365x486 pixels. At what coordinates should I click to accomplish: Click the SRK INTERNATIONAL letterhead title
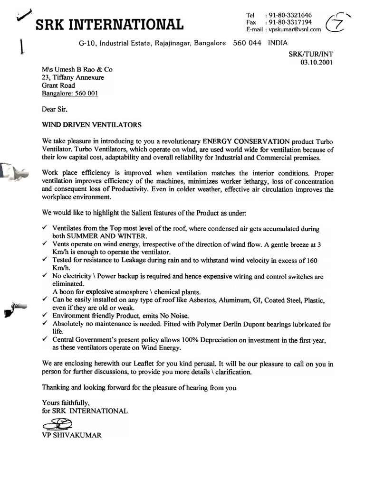click(x=109, y=24)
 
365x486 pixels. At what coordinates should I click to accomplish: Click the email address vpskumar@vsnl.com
click(x=295, y=29)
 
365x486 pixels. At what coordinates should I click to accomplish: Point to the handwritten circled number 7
click(x=336, y=24)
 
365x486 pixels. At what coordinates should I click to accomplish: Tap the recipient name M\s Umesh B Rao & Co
click(x=77, y=69)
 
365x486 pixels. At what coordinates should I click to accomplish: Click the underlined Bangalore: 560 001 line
click(x=70, y=93)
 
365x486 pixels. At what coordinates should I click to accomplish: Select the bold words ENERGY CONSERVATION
click(x=246, y=141)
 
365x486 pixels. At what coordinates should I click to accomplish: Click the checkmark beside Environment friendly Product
click(x=44, y=315)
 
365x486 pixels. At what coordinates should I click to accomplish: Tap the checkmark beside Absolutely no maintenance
click(x=44, y=323)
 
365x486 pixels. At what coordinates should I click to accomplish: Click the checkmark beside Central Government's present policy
click(x=44, y=339)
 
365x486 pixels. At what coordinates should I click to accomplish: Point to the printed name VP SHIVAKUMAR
click(x=71, y=435)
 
